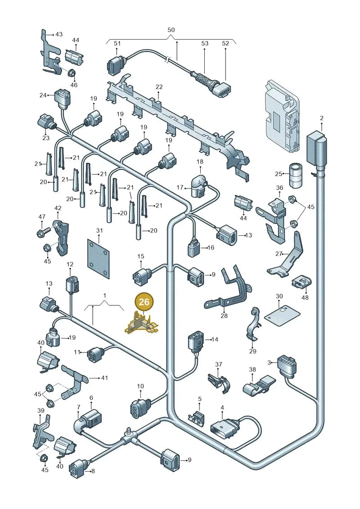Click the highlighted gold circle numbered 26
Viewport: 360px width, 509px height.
144,302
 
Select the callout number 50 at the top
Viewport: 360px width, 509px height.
171,30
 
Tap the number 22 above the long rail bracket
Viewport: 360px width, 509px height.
159,87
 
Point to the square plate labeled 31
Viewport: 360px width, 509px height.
99,258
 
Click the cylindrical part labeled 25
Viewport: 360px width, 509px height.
296,176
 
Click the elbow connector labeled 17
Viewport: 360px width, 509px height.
198,187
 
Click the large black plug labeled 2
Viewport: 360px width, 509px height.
316,150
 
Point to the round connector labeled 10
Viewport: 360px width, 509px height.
139,407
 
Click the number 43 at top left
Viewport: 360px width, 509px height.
59,34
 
